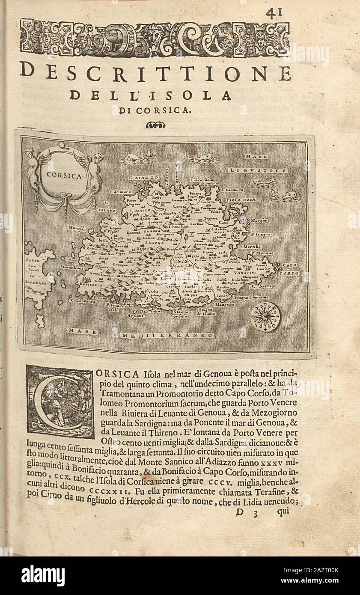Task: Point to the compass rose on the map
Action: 265,317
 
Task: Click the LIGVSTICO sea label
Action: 258,170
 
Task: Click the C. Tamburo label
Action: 233,190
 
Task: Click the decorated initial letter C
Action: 60,402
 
